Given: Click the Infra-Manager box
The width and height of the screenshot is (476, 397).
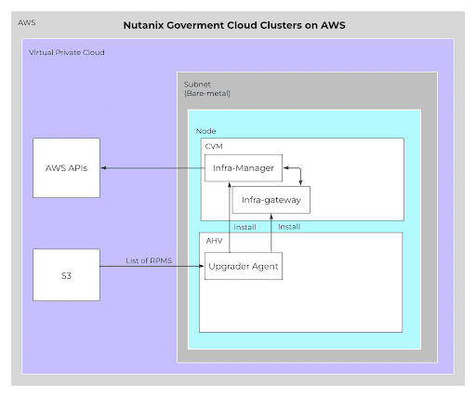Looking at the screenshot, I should (x=244, y=167).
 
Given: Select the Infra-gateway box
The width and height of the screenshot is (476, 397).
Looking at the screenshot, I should (x=271, y=199).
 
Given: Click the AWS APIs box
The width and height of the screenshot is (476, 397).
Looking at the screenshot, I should (x=66, y=167).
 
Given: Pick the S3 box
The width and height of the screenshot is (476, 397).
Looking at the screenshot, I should (x=66, y=274).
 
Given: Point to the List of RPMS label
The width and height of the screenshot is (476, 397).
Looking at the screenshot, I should (x=149, y=260).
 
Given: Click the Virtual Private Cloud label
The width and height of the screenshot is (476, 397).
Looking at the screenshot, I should (x=67, y=53).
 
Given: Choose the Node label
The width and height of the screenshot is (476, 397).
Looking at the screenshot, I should (x=205, y=131).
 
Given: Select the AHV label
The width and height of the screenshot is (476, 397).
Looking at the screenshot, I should (x=213, y=240).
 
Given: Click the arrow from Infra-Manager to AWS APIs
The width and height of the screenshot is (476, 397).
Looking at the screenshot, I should (x=153, y=167).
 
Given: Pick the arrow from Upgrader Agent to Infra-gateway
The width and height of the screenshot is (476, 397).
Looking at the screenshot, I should (x=271, y=232).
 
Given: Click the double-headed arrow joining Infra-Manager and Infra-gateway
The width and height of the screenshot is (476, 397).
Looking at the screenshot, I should (x=299, y=176).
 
